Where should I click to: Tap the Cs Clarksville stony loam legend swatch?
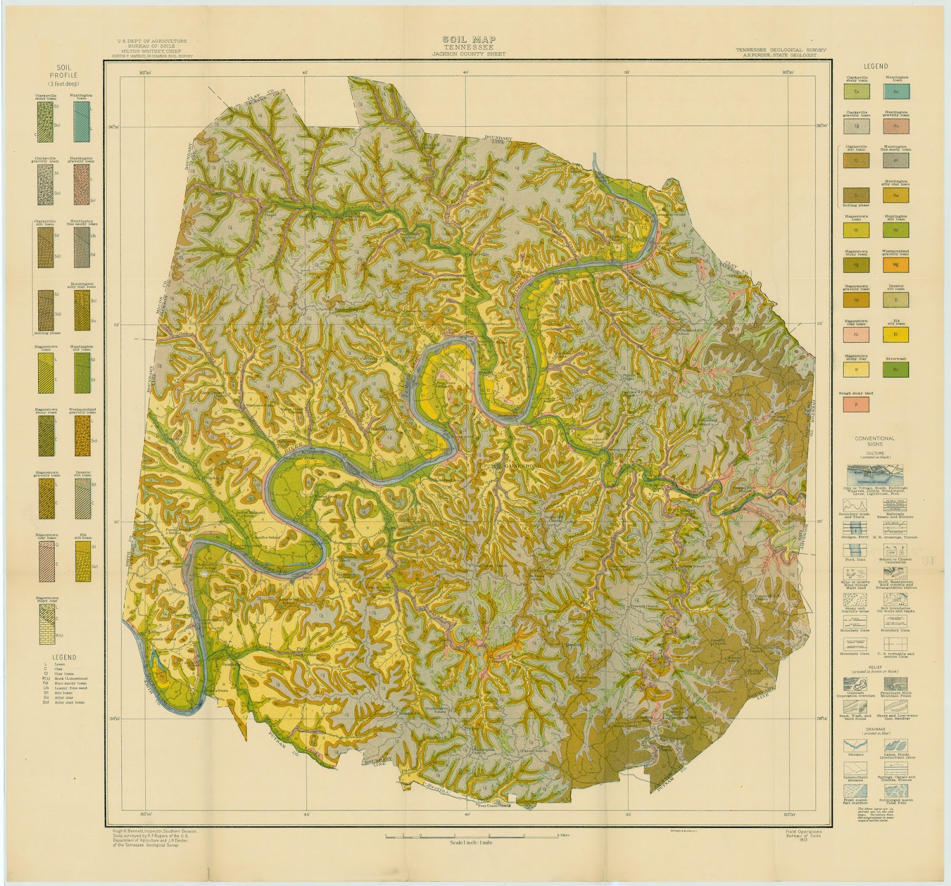pos(856,92)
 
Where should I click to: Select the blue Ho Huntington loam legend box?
pos(895,92)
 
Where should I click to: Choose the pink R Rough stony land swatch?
pos(856,404)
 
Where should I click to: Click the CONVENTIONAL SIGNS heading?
pos(874,441)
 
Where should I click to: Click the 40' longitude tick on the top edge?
pos(467,72)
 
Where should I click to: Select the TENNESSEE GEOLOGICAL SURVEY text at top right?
pos(780,51)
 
